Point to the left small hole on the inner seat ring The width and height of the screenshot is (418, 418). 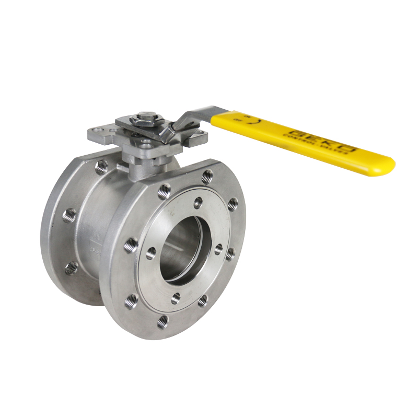151,253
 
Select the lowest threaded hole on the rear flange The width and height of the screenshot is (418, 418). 72,268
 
